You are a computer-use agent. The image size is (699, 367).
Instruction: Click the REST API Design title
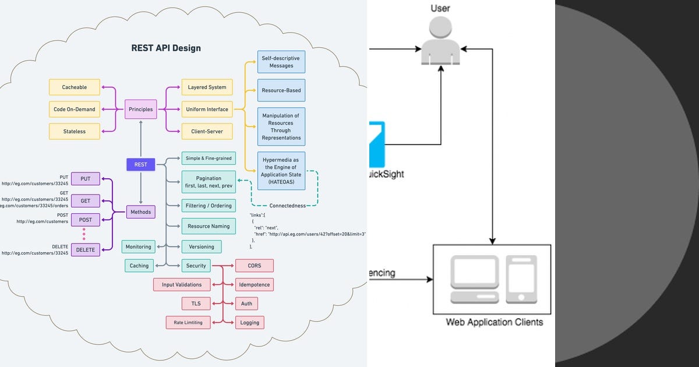(166, 48)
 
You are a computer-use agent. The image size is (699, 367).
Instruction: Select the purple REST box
(141, 164)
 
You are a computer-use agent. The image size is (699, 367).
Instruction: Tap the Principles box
(141, 109)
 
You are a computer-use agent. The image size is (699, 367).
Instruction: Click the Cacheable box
(75, 87)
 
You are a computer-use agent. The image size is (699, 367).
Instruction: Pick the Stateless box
(75, 131)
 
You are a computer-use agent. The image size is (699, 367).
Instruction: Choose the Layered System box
(207, 87)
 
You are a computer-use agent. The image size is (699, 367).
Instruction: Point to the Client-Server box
(207, 131)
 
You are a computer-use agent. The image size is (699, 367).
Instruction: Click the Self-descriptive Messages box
(281, 62)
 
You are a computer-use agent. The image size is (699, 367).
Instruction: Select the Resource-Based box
(281, 90)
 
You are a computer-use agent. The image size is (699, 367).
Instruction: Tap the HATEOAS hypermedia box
(281, 171)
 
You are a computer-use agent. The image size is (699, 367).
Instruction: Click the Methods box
(141, 212)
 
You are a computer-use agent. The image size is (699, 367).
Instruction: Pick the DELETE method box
(86, 249)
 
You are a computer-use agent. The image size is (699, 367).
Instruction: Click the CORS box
(254, 266)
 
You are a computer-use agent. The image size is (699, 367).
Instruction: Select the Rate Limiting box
(188, 322)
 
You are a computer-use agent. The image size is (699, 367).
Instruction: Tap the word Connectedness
(287, 206)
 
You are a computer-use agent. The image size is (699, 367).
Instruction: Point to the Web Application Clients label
(494, 322)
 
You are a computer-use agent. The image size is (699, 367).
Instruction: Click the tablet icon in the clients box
(521, 279)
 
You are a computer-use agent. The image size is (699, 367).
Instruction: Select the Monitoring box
(138, 246)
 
